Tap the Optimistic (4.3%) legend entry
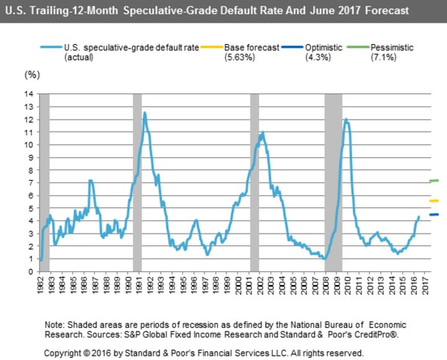(x=323, y=52)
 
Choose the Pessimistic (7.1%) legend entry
(x=390, y=52)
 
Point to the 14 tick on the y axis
(x=30, y=94)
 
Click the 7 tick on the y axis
(x=32, y=183)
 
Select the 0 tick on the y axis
(x=32, y=272)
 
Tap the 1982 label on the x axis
(x=40, y=287)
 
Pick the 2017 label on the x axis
(x=434, y=287)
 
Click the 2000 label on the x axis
(x=243, y=287)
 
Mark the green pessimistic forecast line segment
(x=433, y=181)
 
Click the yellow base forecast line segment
(x=433, y=201)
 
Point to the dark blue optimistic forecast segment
(x=433, y=215)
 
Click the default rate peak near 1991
(x=145, y=112)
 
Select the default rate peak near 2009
(x=346, y=119)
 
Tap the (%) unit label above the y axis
(x=31, y=75)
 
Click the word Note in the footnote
(x=54, y=324)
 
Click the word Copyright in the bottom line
(x=63, y=353)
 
